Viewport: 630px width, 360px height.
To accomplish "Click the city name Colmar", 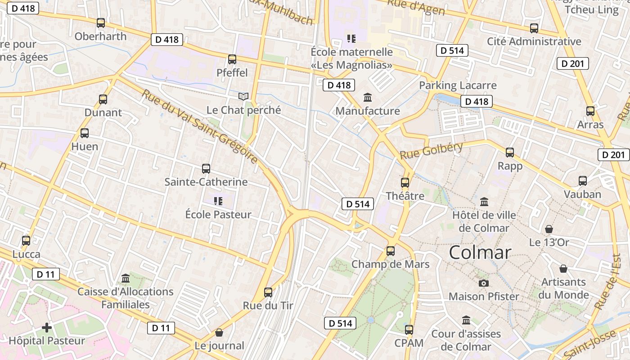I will [480, 252].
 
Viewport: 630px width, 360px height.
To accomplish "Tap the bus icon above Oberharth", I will [101, 22].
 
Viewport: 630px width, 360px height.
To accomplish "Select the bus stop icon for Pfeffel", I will [232, 59].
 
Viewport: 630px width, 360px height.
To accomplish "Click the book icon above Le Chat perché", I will [243, 96].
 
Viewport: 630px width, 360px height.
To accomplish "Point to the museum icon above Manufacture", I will [368, 97].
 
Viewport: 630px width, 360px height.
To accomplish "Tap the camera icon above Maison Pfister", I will [484, 283].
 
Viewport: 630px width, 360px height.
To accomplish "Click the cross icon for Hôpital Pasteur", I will [47, 327].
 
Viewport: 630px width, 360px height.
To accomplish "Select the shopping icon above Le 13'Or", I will [549, 229].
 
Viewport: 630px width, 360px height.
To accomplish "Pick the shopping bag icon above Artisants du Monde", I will [563, 269].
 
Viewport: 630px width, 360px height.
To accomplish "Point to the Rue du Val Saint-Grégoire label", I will [200, 127].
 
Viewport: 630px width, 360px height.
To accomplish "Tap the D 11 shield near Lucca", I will [45, 274].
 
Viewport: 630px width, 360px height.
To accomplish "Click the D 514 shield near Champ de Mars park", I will [340, 323].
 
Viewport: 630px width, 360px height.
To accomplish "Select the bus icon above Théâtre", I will [405, 182].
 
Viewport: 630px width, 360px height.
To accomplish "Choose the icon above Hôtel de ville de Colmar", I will [484, 202].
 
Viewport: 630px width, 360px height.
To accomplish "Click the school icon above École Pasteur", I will [218, 201].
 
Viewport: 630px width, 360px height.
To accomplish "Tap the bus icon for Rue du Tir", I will [268, 292].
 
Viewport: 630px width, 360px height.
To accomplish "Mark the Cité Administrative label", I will [534, 41].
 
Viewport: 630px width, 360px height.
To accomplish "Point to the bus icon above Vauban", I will [583, 181].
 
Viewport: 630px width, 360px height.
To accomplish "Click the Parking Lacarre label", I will [458, 85].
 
